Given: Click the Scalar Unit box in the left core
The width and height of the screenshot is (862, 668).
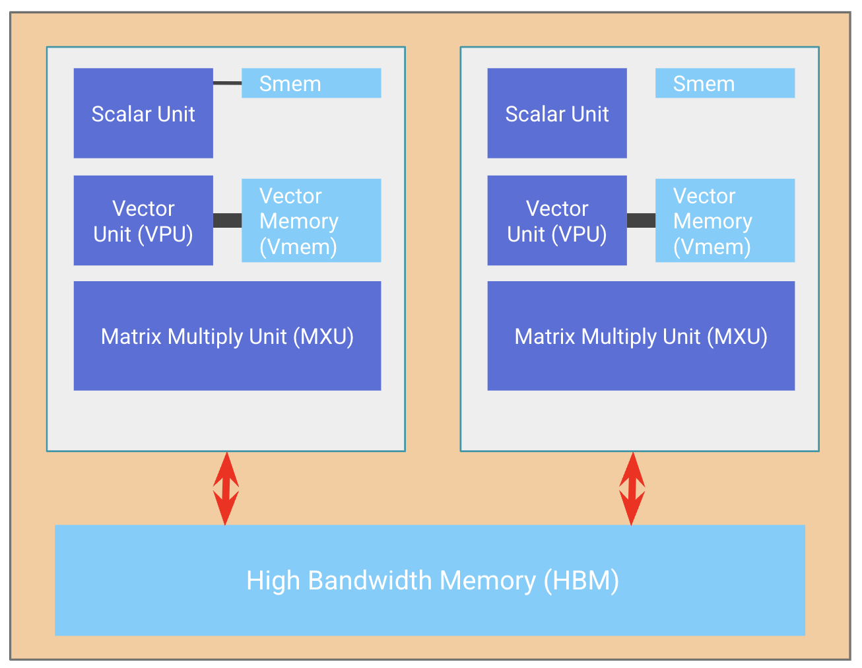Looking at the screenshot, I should (x=143, y=113).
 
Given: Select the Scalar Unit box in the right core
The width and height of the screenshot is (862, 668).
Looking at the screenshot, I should (x=557, y=113).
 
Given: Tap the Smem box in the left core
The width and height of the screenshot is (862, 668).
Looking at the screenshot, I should (x=311, y=83).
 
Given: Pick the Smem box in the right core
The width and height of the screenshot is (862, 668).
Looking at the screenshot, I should (x=725, y=83).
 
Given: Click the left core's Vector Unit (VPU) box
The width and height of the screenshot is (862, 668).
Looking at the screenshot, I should (x=143, y=220).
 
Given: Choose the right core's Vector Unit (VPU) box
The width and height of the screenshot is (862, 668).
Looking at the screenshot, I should (x=557, y=220).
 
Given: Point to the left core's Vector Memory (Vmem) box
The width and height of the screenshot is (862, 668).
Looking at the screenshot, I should (x=311, y=220).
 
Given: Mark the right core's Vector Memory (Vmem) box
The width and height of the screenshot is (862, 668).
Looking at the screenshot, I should (x=725, y=220).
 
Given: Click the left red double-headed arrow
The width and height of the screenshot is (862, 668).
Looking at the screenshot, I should (x=226, y=488).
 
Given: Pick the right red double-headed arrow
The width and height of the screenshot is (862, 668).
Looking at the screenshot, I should (x=632, y=488).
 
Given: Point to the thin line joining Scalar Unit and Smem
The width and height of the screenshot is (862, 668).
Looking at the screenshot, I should (x=227, y=83).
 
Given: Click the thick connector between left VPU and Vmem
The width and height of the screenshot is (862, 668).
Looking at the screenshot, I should (x=227, y=220).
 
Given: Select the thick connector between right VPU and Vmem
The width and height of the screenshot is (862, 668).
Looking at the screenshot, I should (x=641, y=220).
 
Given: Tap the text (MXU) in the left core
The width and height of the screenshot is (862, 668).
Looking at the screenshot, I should (x=327, y=337).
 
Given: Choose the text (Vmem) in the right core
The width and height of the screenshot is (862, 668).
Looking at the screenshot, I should (x=712, y=246).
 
